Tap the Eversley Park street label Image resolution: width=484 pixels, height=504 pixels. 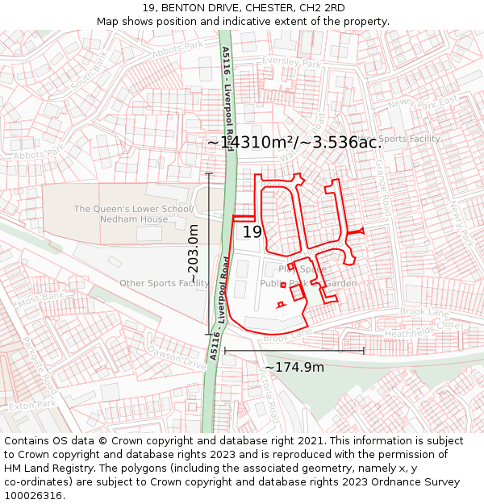pyautogui.click(x=291, y=62)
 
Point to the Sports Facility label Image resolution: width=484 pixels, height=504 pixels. pyautogui.click(x=409, y=139)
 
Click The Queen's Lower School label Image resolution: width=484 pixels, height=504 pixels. pyautogui.click(x=133, y=209)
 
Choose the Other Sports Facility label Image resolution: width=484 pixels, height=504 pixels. pyautogui.click(x=164, y=283)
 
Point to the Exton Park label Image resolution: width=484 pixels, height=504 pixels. pyautogui.click(x=34, y=404)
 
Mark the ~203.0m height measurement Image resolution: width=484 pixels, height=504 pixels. pyautogui.click(x=194, y=254)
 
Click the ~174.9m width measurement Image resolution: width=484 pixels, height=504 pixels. pyautogui.click(x=294, y=368)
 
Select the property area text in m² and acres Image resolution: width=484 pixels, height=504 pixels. pyautogui.click(x=294, y=143)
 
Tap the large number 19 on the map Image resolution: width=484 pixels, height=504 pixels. pyautogui.click(x=252, y=232)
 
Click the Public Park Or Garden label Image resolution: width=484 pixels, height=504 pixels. pyautogui.click(x=308, y=284)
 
